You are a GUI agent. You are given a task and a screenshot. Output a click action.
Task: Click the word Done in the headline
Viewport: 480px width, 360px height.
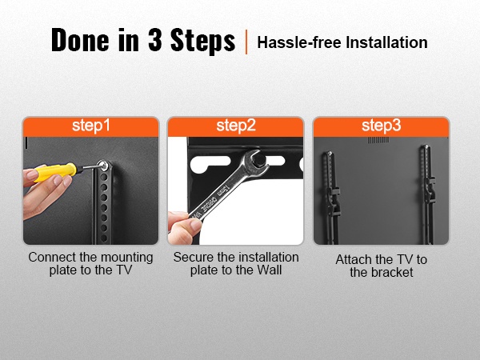[80, 39]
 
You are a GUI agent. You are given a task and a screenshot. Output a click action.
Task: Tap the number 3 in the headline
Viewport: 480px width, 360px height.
[154, 39]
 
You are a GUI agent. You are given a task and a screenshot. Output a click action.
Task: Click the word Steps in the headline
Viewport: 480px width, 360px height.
[202, 40]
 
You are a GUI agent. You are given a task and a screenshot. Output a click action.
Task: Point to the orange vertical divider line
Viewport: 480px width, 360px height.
[246, 42]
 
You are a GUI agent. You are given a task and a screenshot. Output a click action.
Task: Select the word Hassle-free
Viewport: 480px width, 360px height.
[299, 42]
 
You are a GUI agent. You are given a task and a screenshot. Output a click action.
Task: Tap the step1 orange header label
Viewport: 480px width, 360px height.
[91, 126]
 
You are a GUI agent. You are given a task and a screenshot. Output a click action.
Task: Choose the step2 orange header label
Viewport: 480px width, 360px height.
[236, 126]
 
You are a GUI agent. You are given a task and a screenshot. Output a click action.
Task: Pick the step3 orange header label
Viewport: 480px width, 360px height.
[381, 126]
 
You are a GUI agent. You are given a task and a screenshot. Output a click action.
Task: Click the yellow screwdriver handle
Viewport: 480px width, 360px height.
[55, 172]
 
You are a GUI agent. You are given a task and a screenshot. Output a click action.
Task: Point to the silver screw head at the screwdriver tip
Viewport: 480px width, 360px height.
[103, 166]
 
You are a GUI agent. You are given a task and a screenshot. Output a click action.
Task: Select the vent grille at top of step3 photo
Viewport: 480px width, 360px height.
[378, 140]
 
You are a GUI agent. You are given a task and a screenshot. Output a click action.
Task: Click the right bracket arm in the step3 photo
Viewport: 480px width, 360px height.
[427, 194]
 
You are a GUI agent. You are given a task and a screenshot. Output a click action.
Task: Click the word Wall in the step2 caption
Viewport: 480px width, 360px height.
[269, 270]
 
